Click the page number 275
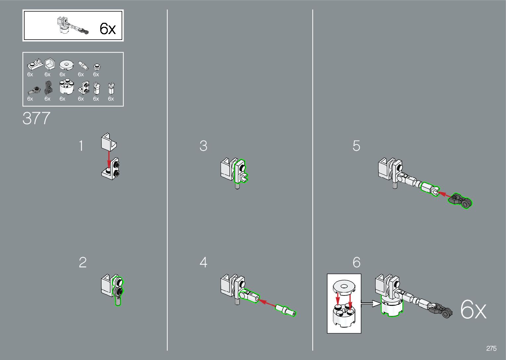click(491, 348)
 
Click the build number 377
click(36, 118)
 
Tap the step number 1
click(81, 146)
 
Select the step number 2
click(83, 262)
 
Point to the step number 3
click(203, 146)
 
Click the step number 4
click(203, 262)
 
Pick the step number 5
click(356, 146)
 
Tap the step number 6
click(356, 262)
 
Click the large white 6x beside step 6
click(473, 310)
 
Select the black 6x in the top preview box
click(108, 29)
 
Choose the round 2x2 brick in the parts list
click(66, 87)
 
